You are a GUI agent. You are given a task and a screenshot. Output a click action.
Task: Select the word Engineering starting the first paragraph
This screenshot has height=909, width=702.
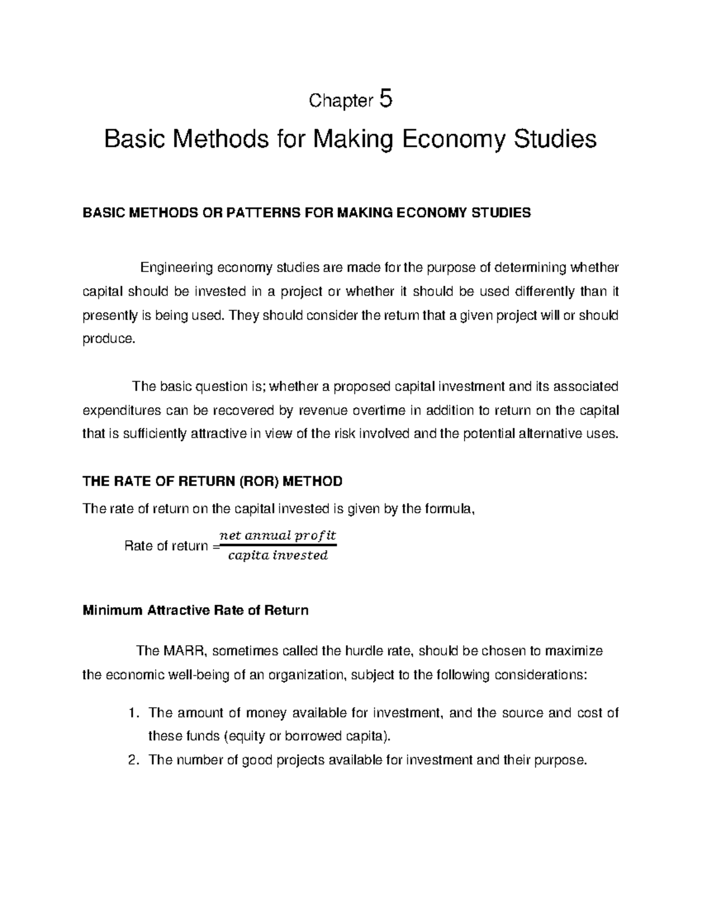click(177, 268)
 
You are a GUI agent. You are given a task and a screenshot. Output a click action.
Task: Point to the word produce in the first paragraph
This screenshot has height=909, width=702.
click(108, 339)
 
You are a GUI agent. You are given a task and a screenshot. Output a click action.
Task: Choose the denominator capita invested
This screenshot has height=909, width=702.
click(277, 556)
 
